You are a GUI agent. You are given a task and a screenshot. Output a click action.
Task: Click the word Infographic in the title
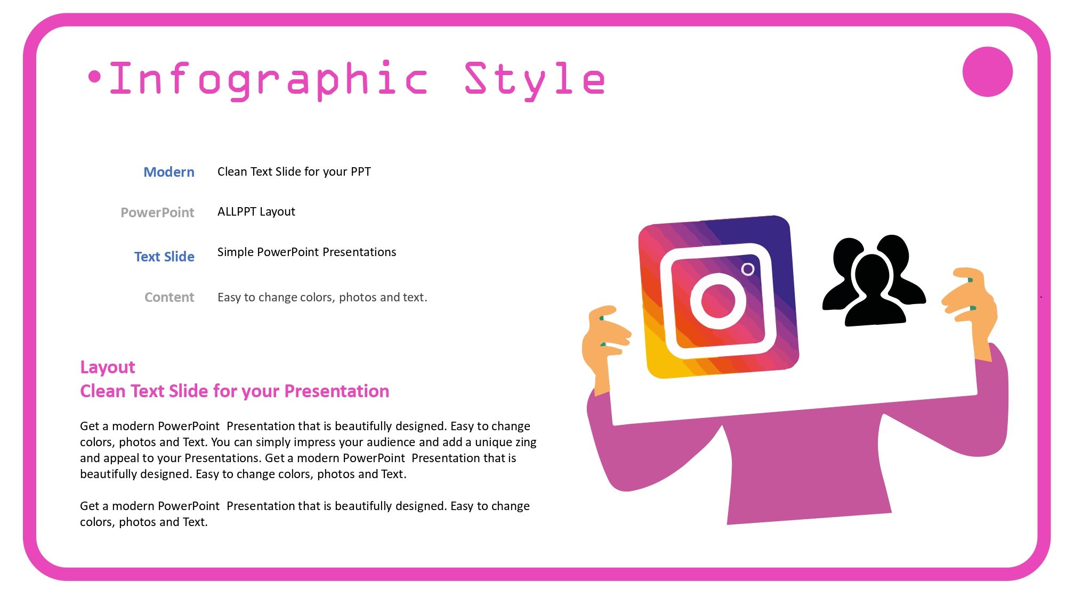click(x=268, y=79)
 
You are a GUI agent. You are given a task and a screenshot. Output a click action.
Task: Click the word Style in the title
click(x=535, y=79)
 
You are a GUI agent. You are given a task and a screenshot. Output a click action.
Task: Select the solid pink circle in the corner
click(x=987, y=72)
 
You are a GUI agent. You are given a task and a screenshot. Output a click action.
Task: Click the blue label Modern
click(x=169, y=172)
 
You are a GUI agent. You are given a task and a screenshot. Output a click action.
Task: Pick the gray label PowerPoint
click(x=157, y=212)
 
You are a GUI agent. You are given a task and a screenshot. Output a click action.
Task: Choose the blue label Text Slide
click(x=164, y=257)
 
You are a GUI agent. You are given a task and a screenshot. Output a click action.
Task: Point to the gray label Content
click(x=169, y=297)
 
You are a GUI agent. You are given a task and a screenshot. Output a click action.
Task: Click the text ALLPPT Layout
click(x=256, y=212)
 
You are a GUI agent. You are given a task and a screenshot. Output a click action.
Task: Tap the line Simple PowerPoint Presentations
click(x=306, y=252)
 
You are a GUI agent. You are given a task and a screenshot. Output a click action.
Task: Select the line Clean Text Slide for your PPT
click(x=294, y=171)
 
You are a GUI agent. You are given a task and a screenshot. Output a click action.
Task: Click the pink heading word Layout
click(x=107, y=367)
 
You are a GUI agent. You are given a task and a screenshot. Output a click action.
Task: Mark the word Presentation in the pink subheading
click(x=336, y=391)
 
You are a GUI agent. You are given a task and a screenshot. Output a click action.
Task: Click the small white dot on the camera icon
click(x=748, y=269)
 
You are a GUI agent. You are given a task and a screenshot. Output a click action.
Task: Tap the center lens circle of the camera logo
click(x=718, y=301)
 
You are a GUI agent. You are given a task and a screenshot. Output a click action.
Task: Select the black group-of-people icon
click(x=873, y=281)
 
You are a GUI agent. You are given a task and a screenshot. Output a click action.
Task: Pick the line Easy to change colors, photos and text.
click(x=322, y=297)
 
